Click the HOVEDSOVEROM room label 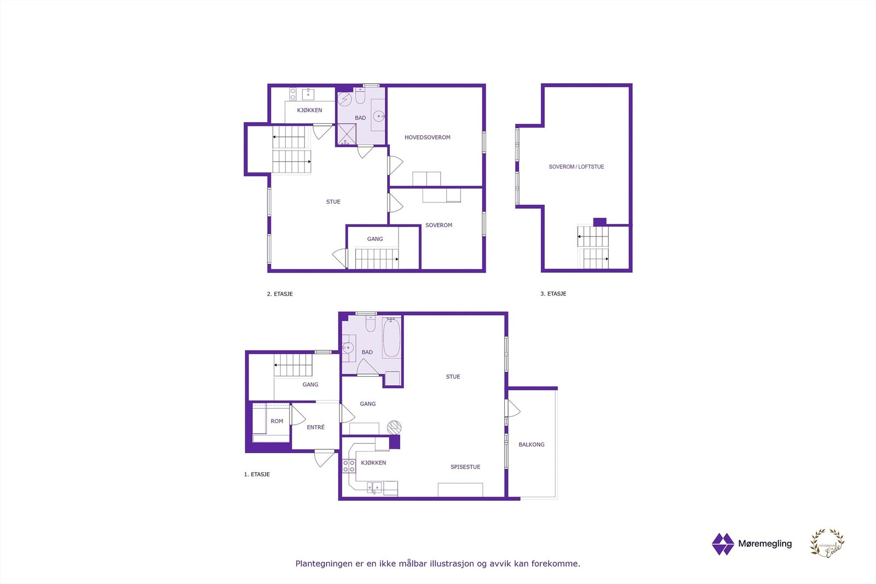pos(427,137)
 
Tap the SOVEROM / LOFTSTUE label pos(576,167)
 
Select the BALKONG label pos(531,444)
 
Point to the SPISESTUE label pos(465,467)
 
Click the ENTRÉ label pos(315,427)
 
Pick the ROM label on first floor pos(276,421)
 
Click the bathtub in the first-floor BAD pos(391,338)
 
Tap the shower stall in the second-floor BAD pos(346,134)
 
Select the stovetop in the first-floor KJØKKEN pos(348,466)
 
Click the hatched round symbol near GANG pos(394,427)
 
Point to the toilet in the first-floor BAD pos(370,325)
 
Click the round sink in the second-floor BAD pos(378,116)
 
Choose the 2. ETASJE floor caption pos(280,294)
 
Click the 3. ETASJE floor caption pos(553,294)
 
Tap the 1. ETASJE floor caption pos(257,475)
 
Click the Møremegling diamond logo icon pos(722,544)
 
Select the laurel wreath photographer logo pos(827,543)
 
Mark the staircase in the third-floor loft pos(593,247)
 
